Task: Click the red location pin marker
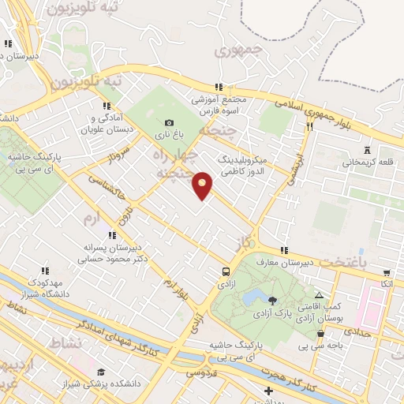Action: pyautogui.click(x=204, y=185)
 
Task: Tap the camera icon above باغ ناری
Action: pyautogui.click(x=169, y=123)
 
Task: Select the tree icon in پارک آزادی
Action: pyautogui.click(x=272, y=300)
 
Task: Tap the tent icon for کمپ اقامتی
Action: pyautogui.click(x=319, y=294)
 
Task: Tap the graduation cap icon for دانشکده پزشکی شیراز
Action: pyautogui.click(x=100, y=372)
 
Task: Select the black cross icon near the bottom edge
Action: pyautogui.click(x=269, y=391)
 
